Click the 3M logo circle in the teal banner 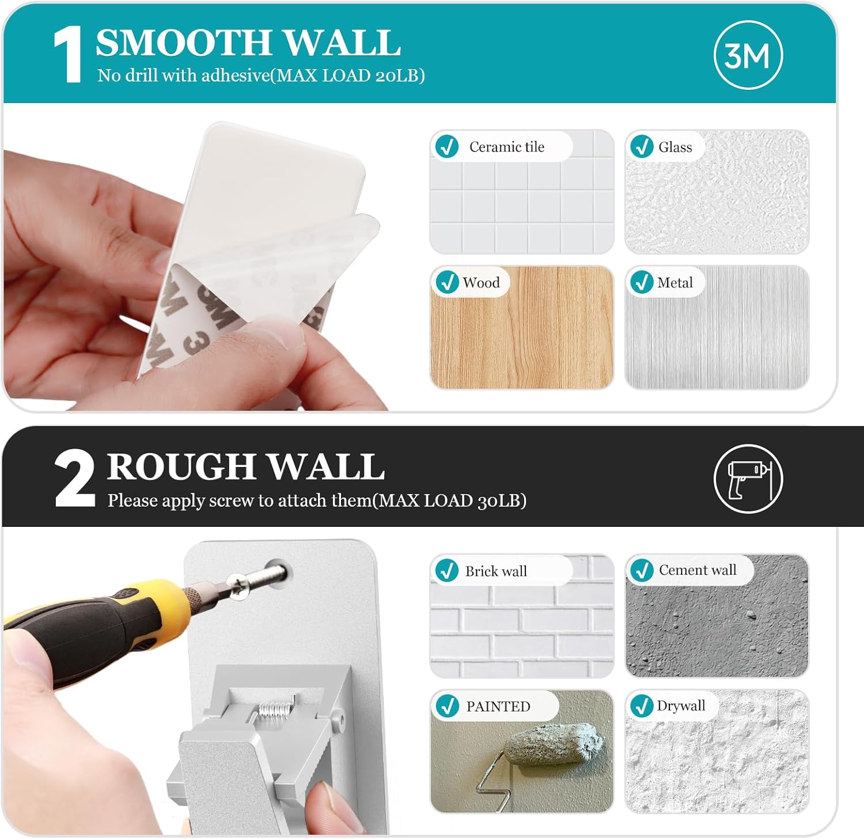click(748, 55)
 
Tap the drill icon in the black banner click(748, 479)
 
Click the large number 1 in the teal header click(68, 55)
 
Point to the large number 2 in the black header click(74, 479)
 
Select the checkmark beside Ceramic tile click(447, 146)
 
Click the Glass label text click(675, 147)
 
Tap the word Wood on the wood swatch click(481, 282)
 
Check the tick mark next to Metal click(642, 282)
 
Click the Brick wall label click(496, 571)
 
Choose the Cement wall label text click(698, 570)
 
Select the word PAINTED click(498, 707)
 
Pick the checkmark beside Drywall click(642, 706)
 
